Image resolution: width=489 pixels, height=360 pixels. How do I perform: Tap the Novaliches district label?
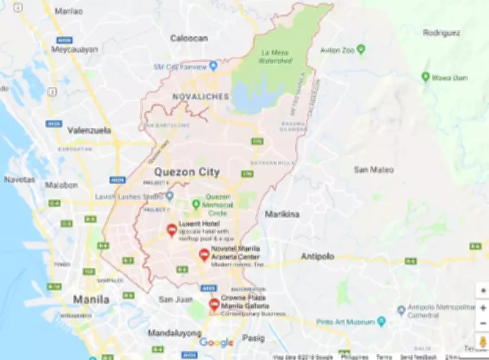point(200,97)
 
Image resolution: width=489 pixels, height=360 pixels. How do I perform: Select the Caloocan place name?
point(189,38)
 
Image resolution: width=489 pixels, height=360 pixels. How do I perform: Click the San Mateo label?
point(373,169)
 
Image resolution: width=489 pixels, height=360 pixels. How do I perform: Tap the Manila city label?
point(91,299)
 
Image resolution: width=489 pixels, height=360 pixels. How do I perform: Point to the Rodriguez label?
point(441,32)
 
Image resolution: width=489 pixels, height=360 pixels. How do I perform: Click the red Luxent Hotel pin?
point(172,230)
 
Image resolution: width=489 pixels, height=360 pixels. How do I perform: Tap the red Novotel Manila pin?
point(204,255)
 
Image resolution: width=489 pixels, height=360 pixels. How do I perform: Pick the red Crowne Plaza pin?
point(214,304)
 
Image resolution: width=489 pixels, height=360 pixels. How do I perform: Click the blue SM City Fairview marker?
point(213,66)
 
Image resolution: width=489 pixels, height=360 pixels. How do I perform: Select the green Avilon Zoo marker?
point(361,49)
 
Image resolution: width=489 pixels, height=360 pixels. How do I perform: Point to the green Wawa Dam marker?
point(425,76)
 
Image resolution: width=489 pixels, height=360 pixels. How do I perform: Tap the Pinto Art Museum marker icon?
point(381,321)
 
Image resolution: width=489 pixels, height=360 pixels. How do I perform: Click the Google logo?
point(216,342)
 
